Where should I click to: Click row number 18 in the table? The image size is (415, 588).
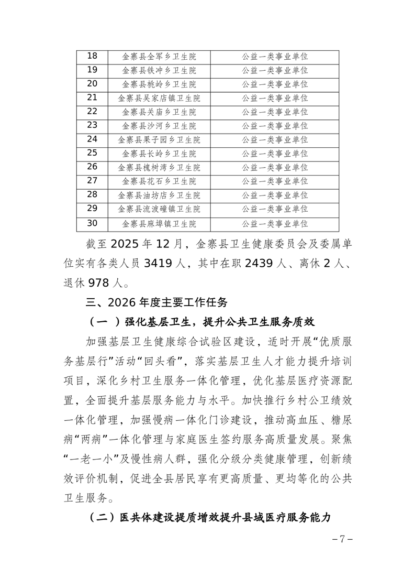pos(92,57)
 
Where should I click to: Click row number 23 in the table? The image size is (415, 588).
pos(92,126)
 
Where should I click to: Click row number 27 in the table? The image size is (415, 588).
pos(92,181)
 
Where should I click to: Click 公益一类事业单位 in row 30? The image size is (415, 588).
pos(275,224)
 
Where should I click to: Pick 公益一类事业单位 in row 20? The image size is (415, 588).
pos(275,84)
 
